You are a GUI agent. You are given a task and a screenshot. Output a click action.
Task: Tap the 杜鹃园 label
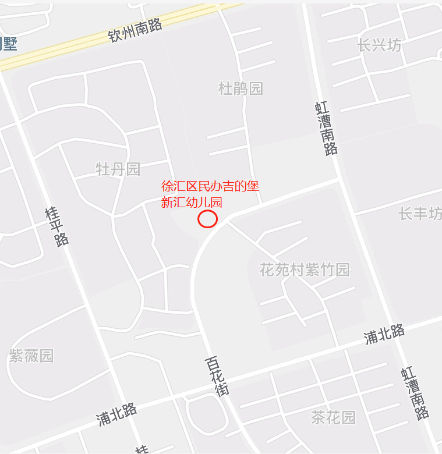click(241, 89)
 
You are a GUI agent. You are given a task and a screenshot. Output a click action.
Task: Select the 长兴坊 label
click(380, 45)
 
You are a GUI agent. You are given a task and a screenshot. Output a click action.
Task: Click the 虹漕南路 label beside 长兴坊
click(327, 128)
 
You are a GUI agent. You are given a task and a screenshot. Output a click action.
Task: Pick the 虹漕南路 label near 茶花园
click(415, 394)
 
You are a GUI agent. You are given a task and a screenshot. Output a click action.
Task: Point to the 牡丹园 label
click(118, 169)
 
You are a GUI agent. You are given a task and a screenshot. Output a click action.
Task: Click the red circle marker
click(208, 219)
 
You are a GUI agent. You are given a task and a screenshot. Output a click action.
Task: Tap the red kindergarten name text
click(210, 194)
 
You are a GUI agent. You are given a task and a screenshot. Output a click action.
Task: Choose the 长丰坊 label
click(420, 214)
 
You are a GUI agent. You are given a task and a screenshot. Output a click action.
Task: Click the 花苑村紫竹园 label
click(305, 270)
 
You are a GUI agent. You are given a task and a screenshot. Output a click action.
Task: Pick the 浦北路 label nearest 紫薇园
click(117, 413)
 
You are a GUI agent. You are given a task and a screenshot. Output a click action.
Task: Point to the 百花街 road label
click(217, 377)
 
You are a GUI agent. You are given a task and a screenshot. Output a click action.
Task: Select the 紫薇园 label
click(31, 356)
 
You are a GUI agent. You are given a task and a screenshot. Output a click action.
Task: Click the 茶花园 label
click(333, 417)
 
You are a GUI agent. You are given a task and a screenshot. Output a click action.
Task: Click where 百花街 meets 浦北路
click(227, 382)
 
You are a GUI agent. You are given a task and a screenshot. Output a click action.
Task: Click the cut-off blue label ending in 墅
click(8, 44)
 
